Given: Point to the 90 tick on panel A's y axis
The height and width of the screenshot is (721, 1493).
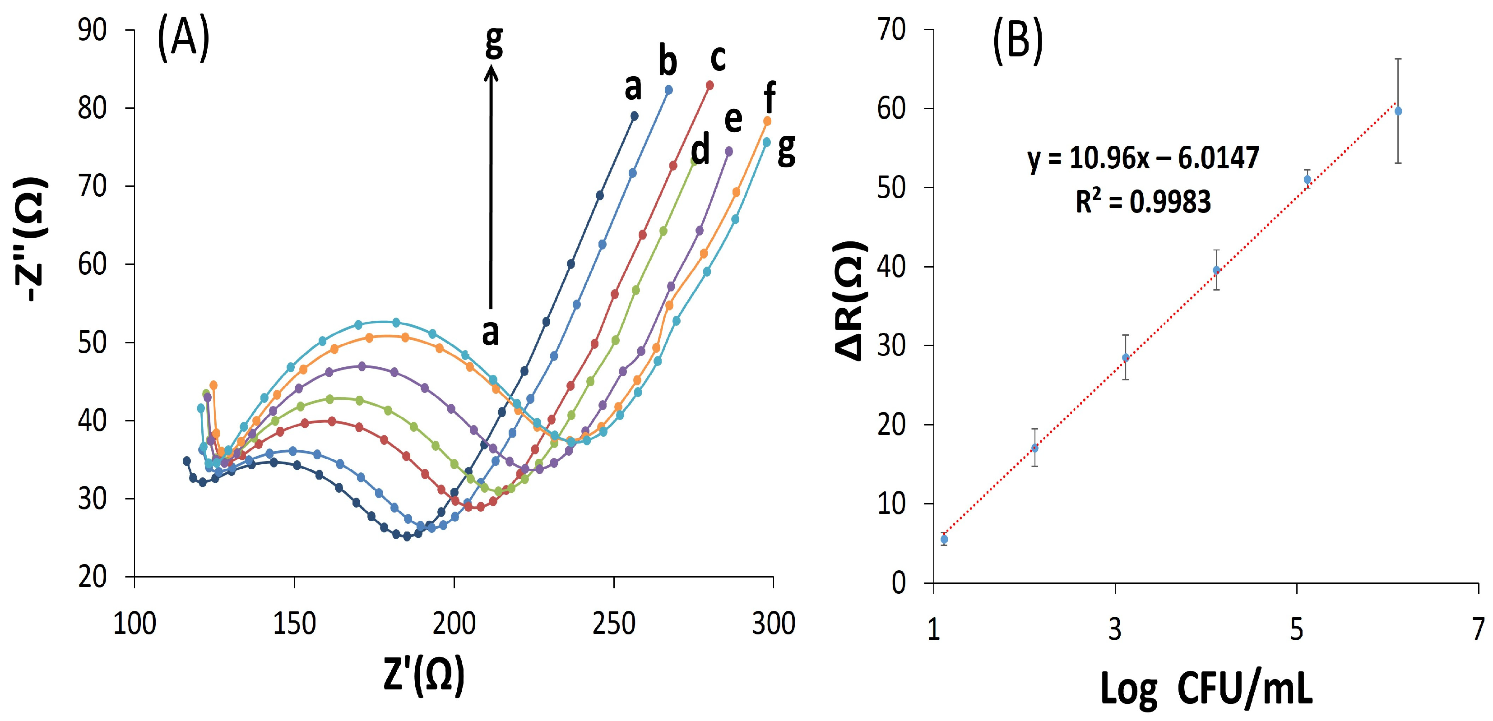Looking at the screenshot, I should pos(93,30).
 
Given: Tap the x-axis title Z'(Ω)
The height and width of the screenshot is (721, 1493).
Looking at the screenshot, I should pos(424,674).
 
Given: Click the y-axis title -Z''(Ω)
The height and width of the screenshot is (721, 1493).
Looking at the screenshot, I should pos(30,239).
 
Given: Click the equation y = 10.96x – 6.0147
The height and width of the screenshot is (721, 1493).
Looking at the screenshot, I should pos(1143,157).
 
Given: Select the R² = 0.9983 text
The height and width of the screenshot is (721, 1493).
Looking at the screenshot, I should pos(1143,202).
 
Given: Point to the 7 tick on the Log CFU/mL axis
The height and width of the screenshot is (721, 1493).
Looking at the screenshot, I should pos(1479,629).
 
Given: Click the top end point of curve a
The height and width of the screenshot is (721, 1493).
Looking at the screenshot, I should pos(634,116).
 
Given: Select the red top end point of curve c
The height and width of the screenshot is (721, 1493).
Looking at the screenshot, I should pos(710,85).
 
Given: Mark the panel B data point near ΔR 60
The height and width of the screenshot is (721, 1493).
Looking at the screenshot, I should pos(1398,111).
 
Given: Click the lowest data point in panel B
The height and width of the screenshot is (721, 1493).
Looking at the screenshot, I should pos(944,539).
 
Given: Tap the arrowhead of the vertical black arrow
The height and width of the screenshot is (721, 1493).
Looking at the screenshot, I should pos(491,72).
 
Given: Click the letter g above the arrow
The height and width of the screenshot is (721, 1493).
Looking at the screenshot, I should pos(494,42).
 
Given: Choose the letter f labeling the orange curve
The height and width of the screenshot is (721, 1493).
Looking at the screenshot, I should pos(770,97).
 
